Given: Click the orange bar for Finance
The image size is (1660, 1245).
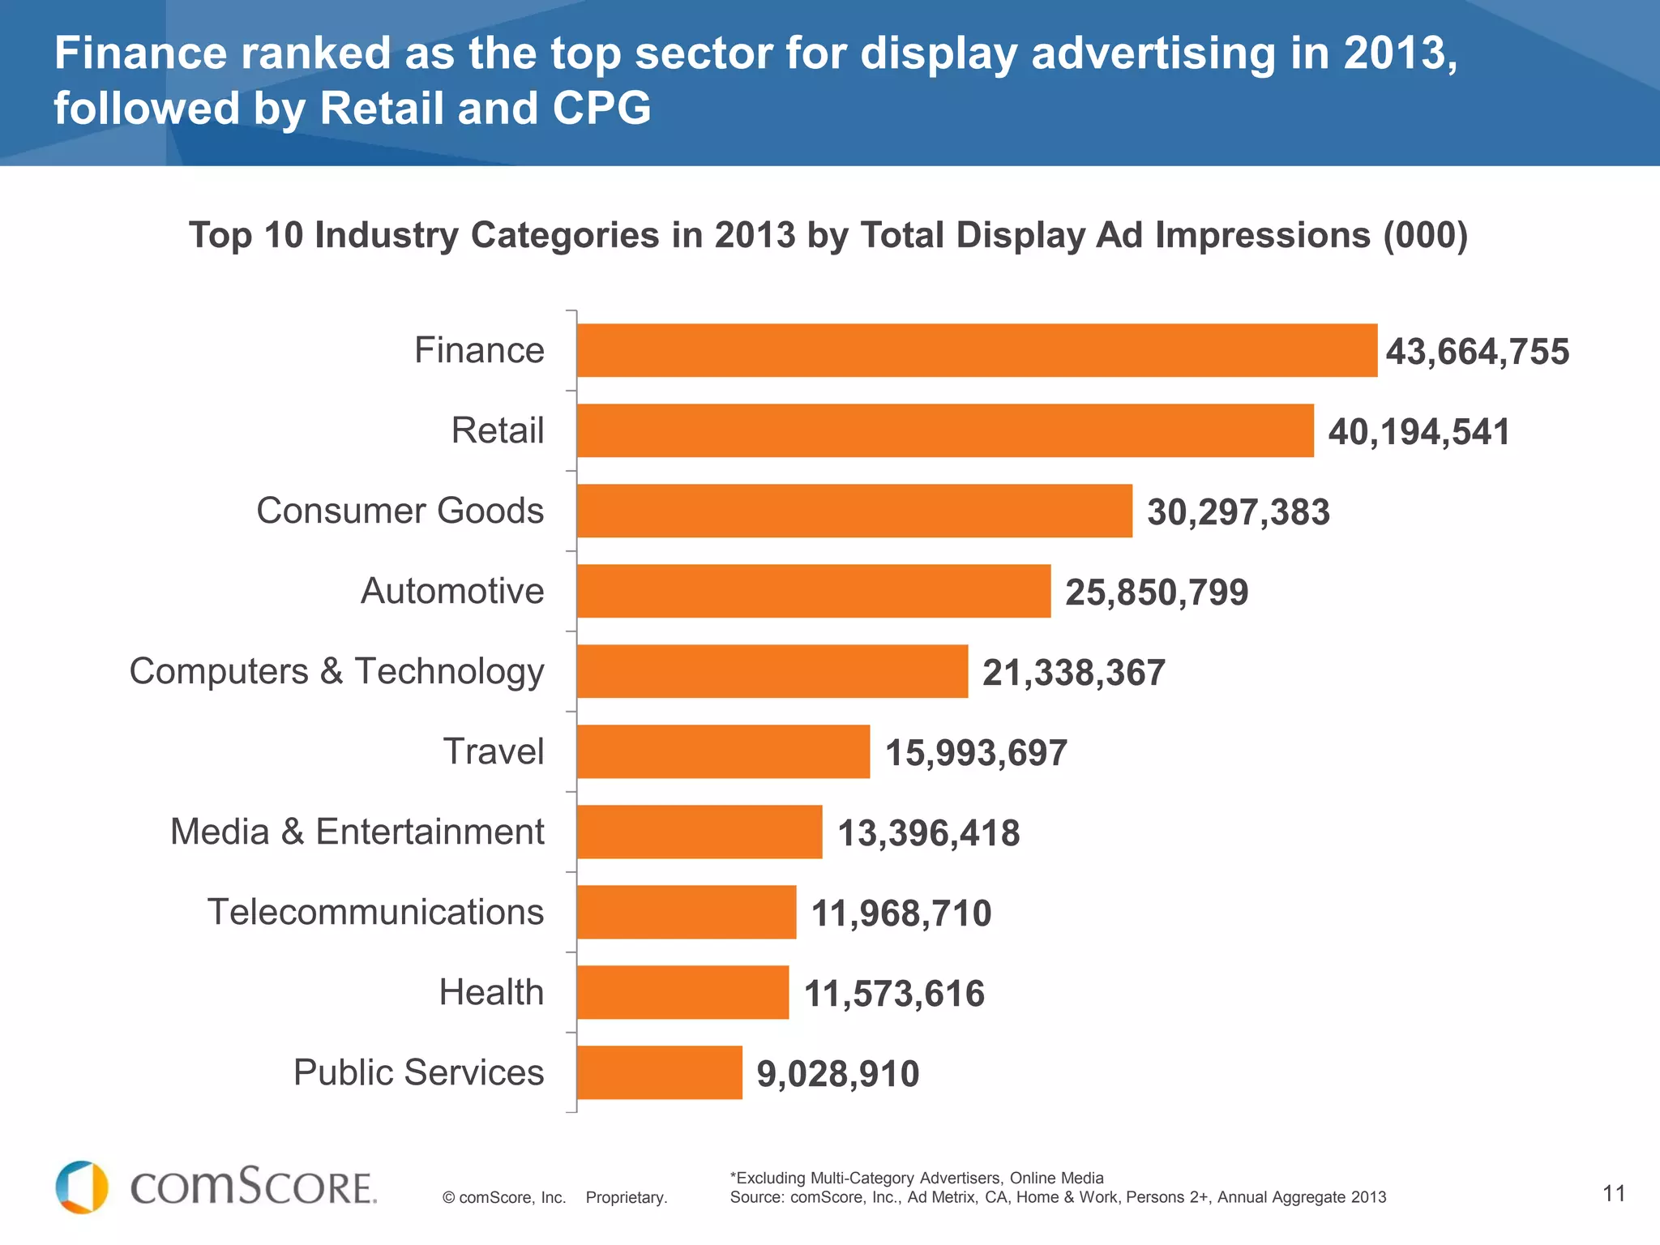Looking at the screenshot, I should pyautogui.click(x=977, y=350).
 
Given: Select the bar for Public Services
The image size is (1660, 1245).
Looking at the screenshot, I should pyautogui.click(x=660, y=1072).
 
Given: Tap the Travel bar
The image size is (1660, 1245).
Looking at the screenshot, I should pyautogui.click(x=723, y=751).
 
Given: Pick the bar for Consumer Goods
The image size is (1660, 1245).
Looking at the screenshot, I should pyautogui.click(x=854, y=511).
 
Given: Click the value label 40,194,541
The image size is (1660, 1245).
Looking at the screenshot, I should pyautogui.click(x=1418, y=431).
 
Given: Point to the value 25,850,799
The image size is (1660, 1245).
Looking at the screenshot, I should pyautogui.click(x=1156, y=592).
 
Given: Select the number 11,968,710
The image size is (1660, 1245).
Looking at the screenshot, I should pyautogui.click(x=901, y=913).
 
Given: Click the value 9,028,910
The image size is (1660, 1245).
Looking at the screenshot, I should pyautogui.click(x=837, y=1073).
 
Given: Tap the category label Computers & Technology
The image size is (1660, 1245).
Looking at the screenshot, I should pyautogui.click(x=336, y=671).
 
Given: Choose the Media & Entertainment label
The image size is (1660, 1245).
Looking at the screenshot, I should pyautogui.click(x=357, y=832).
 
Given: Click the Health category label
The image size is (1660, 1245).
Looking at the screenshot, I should pyautogui.click(x=491, y=992).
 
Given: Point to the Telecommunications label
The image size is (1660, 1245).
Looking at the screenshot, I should pyautogui.click(x=375, y=912).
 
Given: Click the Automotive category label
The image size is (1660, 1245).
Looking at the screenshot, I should pyautogui.click(x=452, y=591).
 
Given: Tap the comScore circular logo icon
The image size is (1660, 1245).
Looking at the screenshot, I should pyautogui.click(x=81, y=1187).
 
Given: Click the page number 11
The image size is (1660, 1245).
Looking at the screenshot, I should pyautogui.click(x=1614, y=1193).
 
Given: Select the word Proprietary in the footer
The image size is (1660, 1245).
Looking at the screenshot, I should pyautogui.click(x=626, y=1197).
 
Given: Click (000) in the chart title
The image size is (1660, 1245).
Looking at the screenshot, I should pyautogui.click(x=1425, y=235).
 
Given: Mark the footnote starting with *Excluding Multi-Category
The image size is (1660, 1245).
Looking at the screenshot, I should pyautogui.click(x=916, y=1178).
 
